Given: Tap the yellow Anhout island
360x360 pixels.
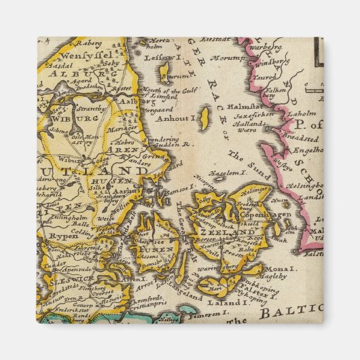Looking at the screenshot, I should tap(203, 116).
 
